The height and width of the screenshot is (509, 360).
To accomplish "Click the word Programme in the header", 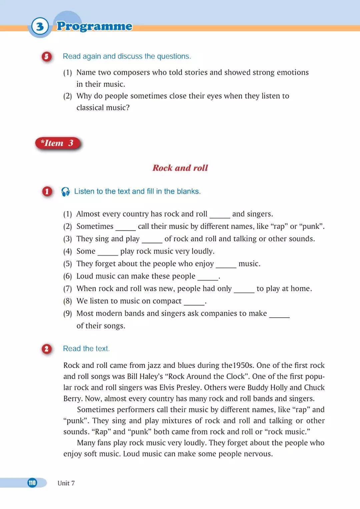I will [94, 26].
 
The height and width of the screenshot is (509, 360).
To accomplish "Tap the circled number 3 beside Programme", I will [40, 26].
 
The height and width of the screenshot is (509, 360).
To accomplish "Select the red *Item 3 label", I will [58, 143].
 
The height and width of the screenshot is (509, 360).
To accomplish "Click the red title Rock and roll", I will [180, 168].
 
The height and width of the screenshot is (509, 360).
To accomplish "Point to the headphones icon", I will [66, 191].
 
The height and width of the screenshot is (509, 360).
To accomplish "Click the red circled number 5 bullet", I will [47, 56].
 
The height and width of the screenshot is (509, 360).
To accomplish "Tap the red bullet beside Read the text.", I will [47, 349].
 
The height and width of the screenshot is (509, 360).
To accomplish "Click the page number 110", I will [32, 483].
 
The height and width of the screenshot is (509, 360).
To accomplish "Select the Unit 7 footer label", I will [66, 483].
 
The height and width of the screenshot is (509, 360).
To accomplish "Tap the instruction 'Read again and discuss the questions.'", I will [127, 56].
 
